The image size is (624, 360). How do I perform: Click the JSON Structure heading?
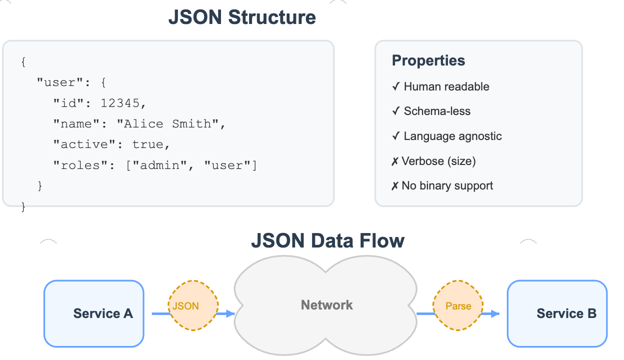click(x=242, y=17)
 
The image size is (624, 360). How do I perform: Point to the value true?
click(x=147, y=144)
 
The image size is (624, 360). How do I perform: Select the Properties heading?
click(x=428, y=60)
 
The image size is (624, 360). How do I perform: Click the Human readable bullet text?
click(x=446, y=86)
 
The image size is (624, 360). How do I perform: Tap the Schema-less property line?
click(x=437, y=111)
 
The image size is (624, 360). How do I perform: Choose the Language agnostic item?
click(x=452, y=136)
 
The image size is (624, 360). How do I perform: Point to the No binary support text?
click(x=447, y=185)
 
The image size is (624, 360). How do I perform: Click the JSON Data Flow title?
click(x=327, y=240)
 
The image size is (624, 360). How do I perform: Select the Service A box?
click(x=94, y=313)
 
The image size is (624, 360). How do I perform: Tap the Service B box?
click(x=557, y=313)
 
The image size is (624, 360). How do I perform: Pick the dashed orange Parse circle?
click(x=458, y=305)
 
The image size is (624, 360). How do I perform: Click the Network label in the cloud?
click(x=326, y=305)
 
